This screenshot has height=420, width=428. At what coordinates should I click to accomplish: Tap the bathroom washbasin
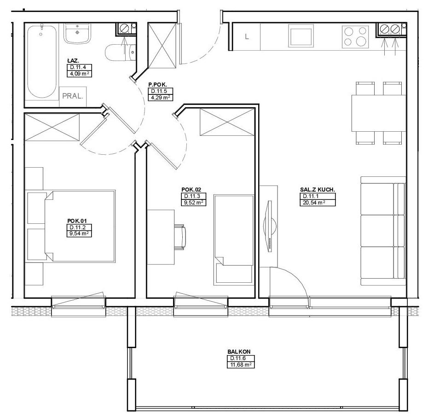(x=77, y=33)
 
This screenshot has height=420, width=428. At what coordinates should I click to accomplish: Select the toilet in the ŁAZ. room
(x=121, y=52)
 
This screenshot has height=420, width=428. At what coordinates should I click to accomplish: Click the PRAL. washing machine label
(x=73, y=96)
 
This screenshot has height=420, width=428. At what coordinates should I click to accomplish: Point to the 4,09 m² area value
(x=79, y=74)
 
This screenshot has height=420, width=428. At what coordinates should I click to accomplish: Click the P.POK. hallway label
(x=157, y=85)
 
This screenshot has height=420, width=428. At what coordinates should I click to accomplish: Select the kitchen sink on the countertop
(x=301, y=36)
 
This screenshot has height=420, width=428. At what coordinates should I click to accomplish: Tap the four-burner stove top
(x=355, y=36)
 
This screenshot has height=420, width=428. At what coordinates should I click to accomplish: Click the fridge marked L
(x=247, y=36)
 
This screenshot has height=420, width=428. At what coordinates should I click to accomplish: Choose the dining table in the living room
(x=379, y=113)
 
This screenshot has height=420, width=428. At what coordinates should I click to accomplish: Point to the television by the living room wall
(x=269, y=226)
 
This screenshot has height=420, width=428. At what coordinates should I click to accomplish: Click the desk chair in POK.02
(x=180, y=237)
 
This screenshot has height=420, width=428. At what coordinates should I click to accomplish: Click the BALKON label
(x=239, y=352)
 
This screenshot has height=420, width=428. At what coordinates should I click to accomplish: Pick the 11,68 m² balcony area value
(x=241, y=365)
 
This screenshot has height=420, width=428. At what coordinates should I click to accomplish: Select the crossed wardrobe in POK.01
(x=52, y=128)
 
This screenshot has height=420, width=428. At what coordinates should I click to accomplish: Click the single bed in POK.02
(x=234, y=240)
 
